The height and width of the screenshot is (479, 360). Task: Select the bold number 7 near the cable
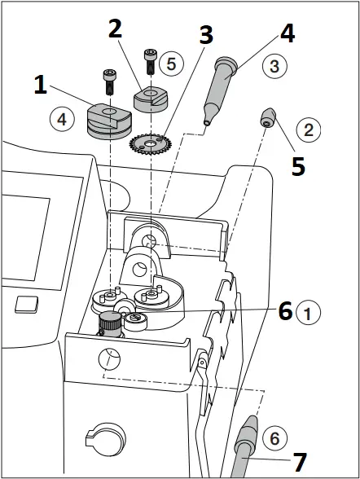click(x=300, y=463)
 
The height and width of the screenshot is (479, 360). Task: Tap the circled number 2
click(x=308, y=129)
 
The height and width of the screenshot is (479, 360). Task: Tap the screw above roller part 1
click(x=109, y=81)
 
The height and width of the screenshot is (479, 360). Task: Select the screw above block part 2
click(x=148, y=59)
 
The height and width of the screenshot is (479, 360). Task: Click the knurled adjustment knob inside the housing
click(x=108, y=327)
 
